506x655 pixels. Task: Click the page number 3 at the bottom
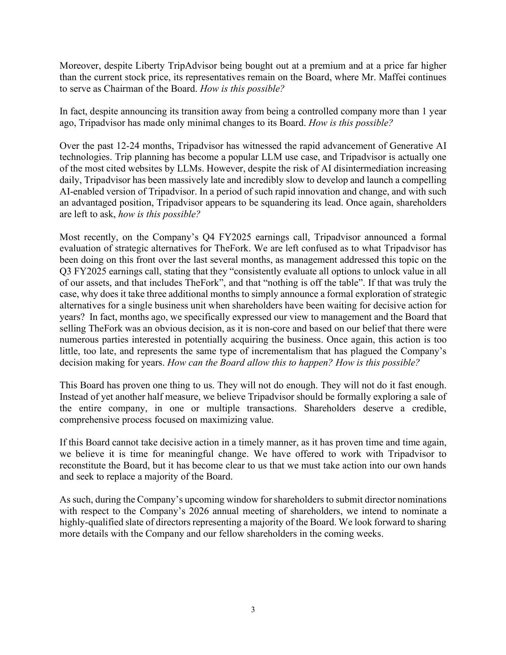pos(253,610)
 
